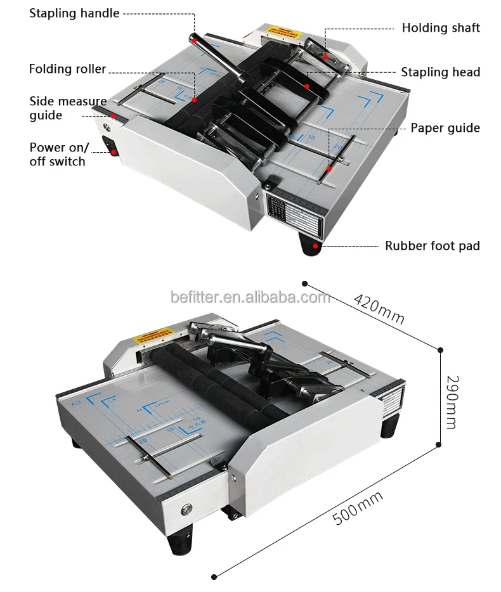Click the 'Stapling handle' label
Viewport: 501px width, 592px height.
(x=74, y=13)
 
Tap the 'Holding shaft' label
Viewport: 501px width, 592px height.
(x=441, y=28)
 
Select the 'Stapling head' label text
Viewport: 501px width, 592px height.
(x=440, y=72)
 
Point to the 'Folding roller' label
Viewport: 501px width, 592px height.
(x=67, y=69)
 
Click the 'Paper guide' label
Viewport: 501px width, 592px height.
(x=445, y=128)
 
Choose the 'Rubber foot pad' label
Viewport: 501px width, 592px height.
(x=433, y=245)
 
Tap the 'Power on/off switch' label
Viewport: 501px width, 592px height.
(x=57, y=154)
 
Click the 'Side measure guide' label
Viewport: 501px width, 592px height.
(x=67, y=108)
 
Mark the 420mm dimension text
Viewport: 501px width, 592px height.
(x=379, y=309)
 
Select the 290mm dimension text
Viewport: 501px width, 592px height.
(x=451, y=402)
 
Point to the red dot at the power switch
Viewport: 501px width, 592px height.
(x=114, y=151)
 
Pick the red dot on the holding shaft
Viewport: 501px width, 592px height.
(x=326, y=56)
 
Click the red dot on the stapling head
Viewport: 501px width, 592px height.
(x=307, y=86)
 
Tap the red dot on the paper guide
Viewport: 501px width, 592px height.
(x=330, y=169)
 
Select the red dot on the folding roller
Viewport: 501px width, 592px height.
(x=195, y=100)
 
